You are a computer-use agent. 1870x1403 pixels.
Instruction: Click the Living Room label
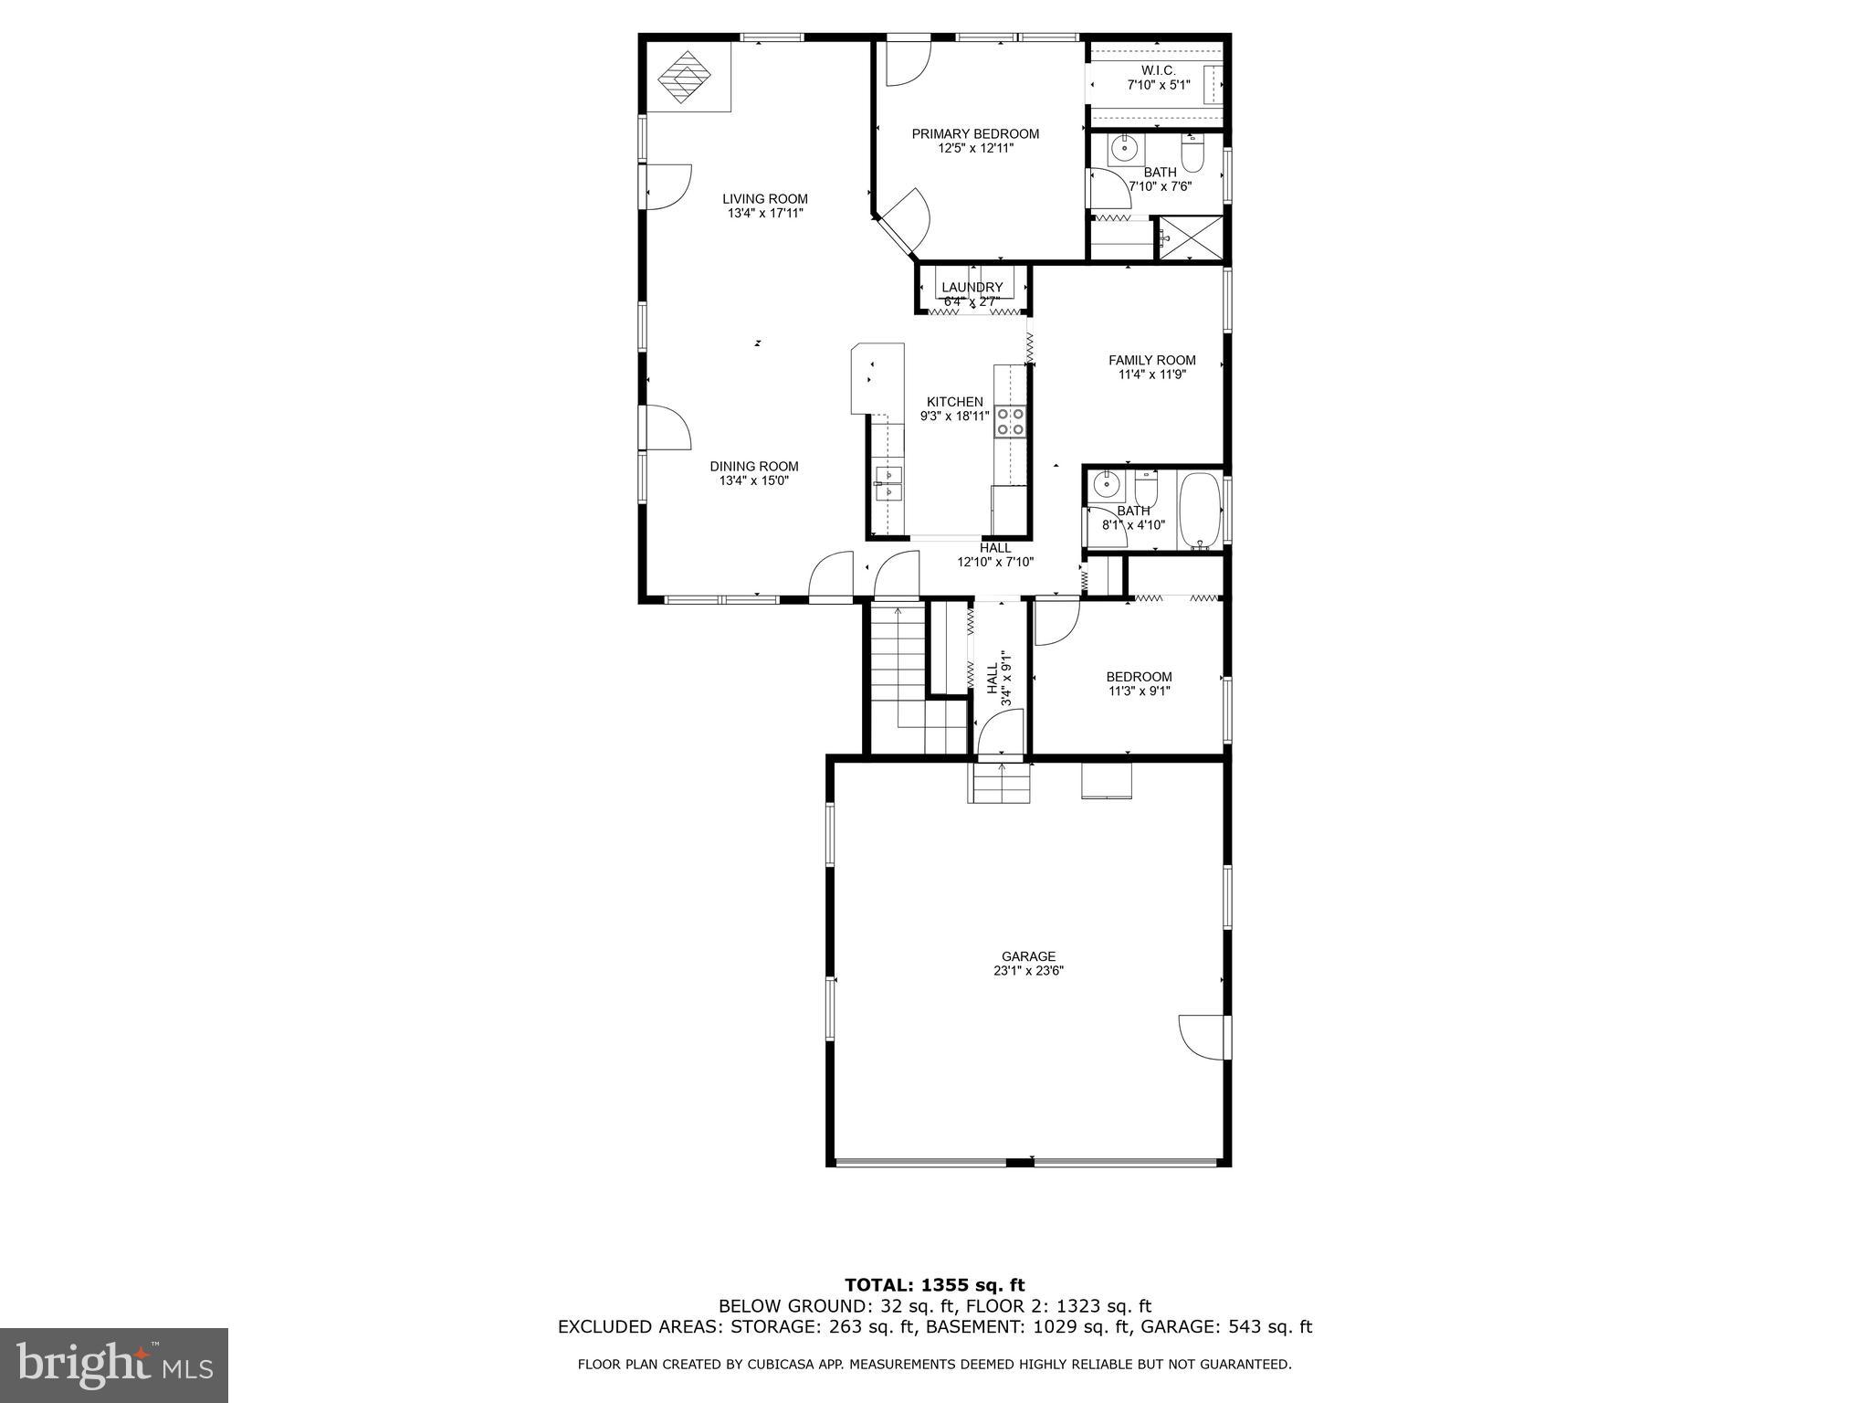pyautogui.click(x=765, y=199)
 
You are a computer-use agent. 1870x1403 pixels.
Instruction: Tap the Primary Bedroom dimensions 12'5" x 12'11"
pyautogui.click(x=975, y=148)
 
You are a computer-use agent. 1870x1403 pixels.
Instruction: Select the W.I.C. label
pyautogui.click(x=1158, y=70)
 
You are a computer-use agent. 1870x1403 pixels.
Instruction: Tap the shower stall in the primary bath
pyautogui.click(x=1190, y=237)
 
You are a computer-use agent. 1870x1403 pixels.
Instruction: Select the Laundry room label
pyautogui.click(x=972, y=288)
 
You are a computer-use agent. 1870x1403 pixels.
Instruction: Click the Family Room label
pyautogui.click(x=1151, y=360)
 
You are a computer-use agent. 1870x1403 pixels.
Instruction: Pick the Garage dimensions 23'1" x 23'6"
pyautogui.click(x=1028, y=971)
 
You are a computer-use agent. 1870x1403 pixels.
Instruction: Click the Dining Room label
pyautogui.click(x=754, y=466)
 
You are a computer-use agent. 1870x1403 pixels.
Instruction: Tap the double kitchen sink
pyautogui.click(x=888, y=483)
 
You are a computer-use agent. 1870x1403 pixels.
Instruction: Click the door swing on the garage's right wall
pyautogui.click(x=1202, y=1037)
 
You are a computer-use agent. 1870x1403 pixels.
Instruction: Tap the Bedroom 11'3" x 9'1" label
pyautogui.click(x=1139, y=677)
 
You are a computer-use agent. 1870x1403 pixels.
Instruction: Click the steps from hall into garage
pyautogui.click(x=1000, y=784)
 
